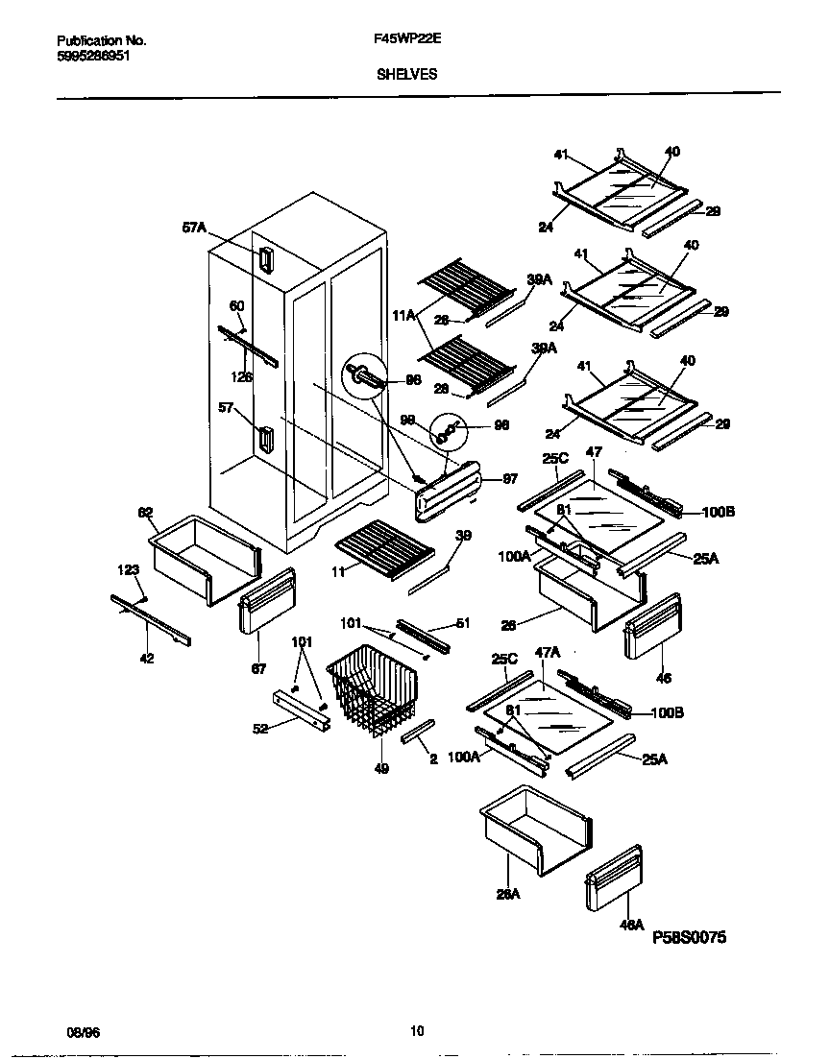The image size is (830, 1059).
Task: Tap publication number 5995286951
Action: pos(94,57)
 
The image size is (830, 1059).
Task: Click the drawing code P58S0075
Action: pos(696,935)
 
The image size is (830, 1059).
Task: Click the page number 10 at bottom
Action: pos(416,1031)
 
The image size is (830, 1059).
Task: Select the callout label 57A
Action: pos(194,228)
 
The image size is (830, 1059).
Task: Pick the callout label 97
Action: pos(509,478)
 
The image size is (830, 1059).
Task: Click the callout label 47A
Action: pos(547,652)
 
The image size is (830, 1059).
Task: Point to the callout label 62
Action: pos(146,513)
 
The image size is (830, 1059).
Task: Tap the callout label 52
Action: pos(259,728)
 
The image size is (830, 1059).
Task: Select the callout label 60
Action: pos(235,306)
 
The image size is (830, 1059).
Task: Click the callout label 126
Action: pos(243,377)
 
